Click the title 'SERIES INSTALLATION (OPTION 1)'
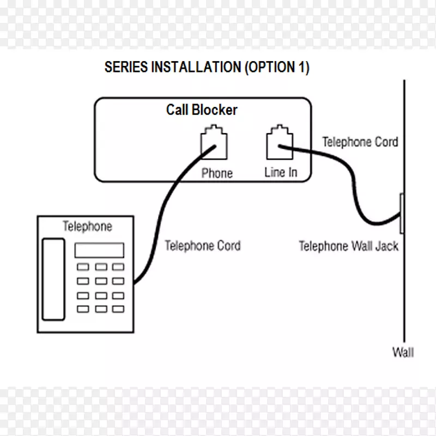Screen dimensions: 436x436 207,68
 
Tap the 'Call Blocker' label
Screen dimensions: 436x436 202,110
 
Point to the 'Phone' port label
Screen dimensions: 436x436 217,173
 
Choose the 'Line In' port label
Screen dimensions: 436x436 281,172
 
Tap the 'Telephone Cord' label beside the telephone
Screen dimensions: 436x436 202,246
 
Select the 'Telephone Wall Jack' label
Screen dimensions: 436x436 348,246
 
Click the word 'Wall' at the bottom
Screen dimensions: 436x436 403,352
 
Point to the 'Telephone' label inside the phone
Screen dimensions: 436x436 87,226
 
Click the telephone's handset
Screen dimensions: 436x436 53,279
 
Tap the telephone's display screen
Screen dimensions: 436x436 99,251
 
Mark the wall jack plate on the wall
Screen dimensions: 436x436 401,213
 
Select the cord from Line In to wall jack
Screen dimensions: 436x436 349,180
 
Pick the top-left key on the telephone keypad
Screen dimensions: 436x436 83,267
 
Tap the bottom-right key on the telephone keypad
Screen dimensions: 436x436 118,309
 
